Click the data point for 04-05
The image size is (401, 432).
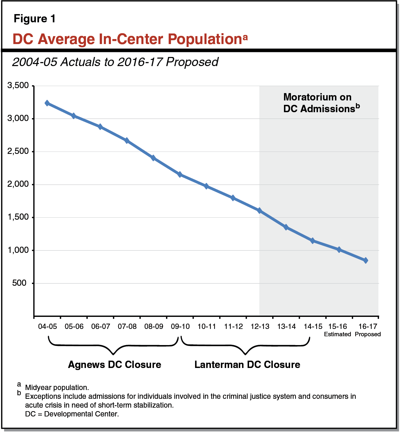(47, 103)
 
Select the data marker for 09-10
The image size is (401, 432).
(180, 174)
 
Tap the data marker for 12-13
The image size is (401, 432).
(260, 211)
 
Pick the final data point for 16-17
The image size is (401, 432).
(366, 260)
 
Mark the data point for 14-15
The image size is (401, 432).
(312, 241)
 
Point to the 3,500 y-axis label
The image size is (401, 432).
(18, 85)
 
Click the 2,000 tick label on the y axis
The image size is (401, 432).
(18, 184)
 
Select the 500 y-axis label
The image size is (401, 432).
(19, 283)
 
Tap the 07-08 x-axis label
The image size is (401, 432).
(127, 327)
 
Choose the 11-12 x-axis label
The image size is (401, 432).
(233, 327)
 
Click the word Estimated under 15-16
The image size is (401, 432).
(337, 334)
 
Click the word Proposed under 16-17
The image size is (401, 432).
(368, 334)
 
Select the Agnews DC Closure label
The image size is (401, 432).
(114, 364)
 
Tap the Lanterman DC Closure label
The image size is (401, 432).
(247, 364)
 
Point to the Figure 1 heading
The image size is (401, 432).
(35, 19)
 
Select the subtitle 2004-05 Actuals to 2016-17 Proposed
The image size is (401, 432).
(115, 62)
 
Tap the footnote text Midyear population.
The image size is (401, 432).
(57, 388)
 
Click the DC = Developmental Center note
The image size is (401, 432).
(72, 414)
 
